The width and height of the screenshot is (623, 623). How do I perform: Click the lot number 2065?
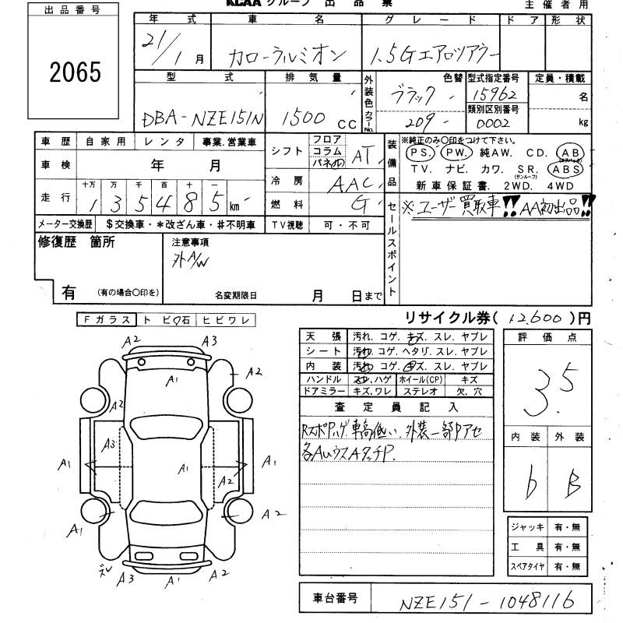[76, 72]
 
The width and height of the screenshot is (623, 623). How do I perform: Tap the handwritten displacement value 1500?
[304, 118]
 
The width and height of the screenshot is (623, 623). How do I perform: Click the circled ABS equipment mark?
[565, 168]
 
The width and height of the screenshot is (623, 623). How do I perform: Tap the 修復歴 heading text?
[76, 242]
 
